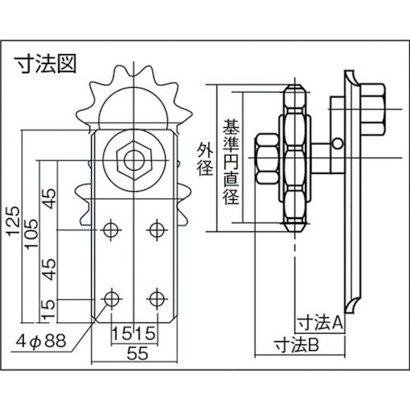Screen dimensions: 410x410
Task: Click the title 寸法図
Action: click(46, 64)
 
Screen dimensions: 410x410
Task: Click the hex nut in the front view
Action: click(133, 156)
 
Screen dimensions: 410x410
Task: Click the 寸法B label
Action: click(298, 346)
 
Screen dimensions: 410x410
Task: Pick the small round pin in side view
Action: click(337, 144)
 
